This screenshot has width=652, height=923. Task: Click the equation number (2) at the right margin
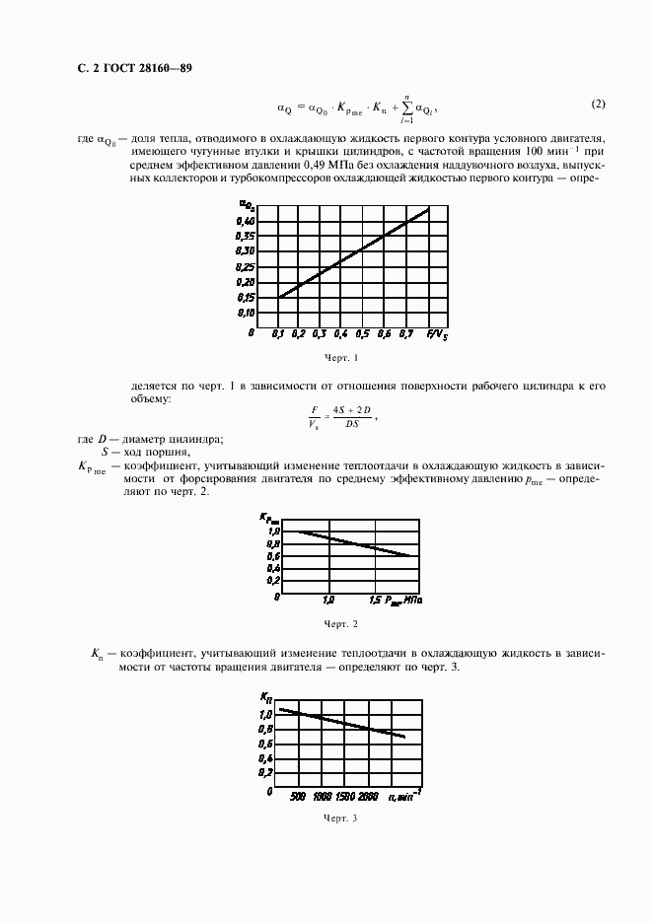click(599, 105)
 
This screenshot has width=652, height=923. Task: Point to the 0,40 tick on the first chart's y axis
click(245, 223)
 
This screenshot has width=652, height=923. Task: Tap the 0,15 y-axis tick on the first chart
click(245, 297)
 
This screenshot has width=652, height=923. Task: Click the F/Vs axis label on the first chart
click(436, 334)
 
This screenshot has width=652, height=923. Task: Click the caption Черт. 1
click(340, 358)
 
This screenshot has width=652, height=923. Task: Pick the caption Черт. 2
click(340, 624)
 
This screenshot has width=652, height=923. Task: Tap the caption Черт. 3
click(340, 818)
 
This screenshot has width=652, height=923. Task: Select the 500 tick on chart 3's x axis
click(298, 795)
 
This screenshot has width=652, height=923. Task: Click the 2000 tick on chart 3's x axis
click(368, 795)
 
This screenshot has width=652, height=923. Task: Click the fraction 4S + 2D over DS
click(346, 419)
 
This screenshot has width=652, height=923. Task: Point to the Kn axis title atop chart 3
click(265, 696)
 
